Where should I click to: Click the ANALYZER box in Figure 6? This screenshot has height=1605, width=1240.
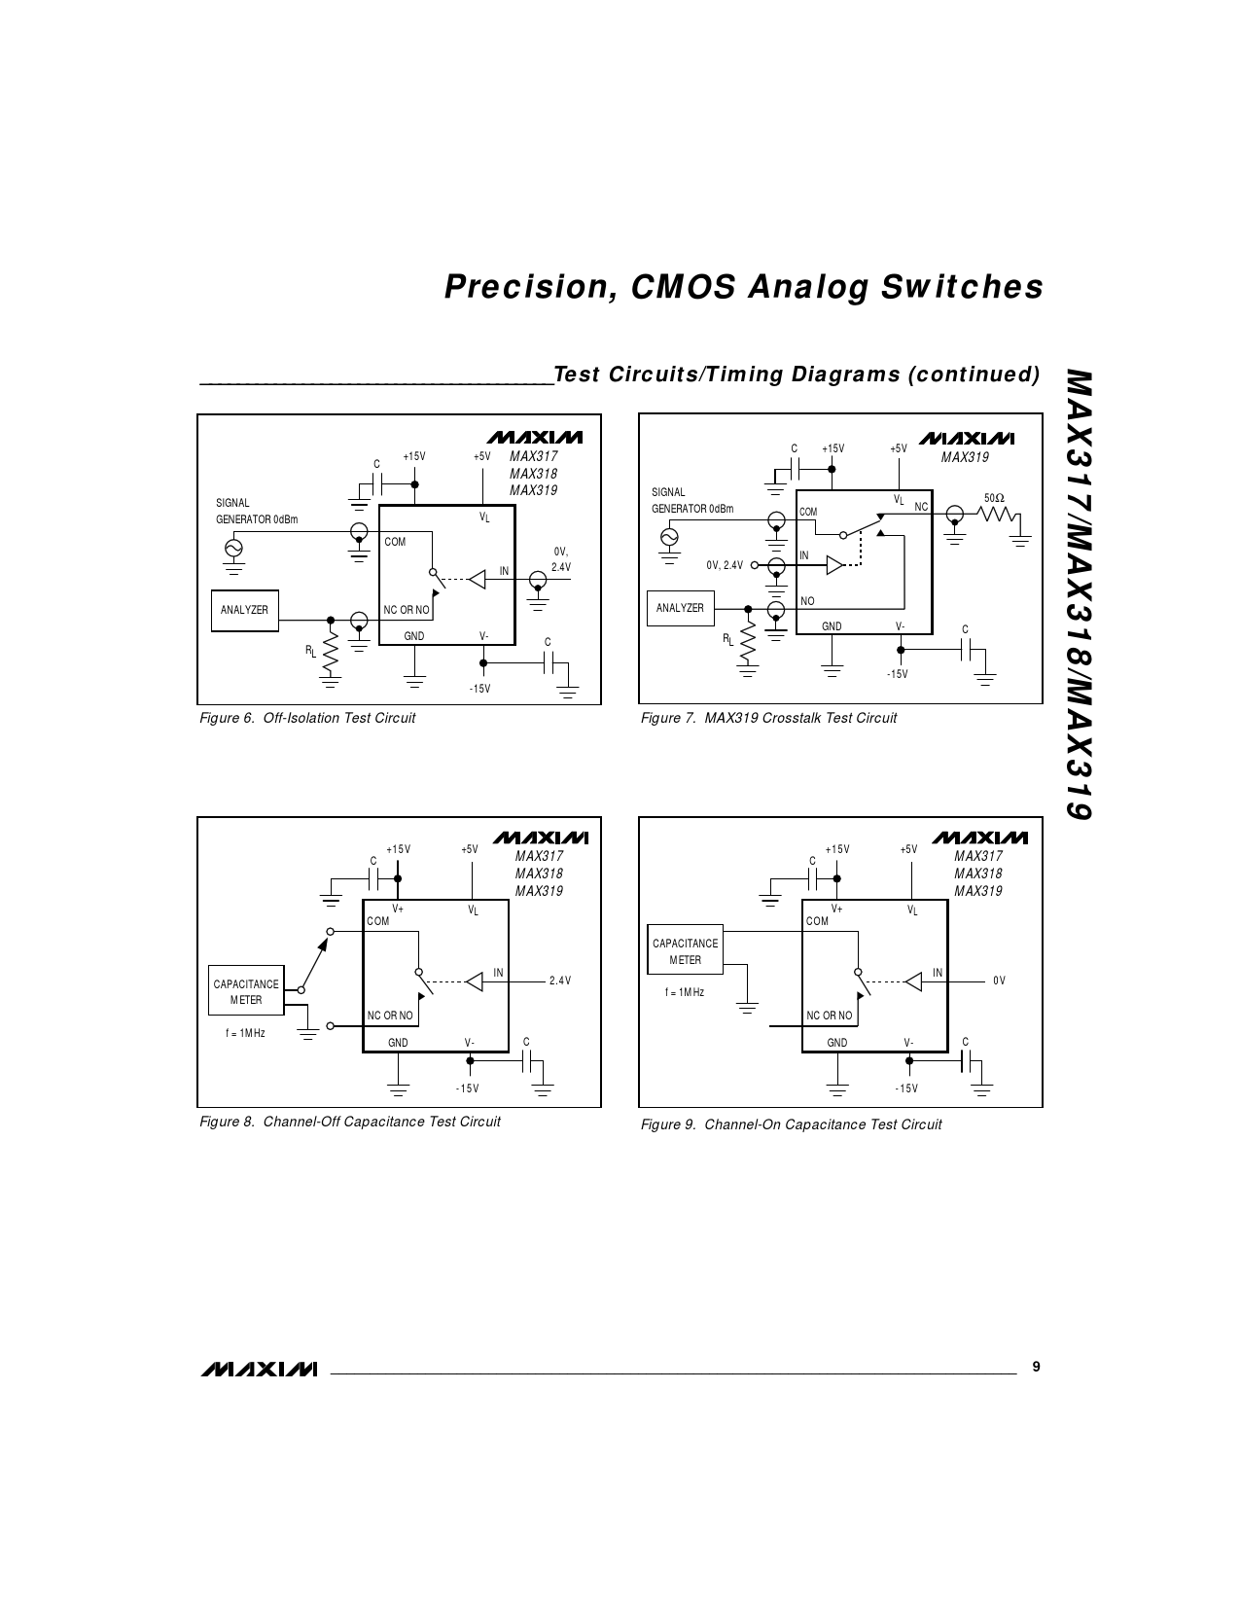[244, 610]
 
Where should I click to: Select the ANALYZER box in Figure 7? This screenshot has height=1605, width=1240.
[680, 608]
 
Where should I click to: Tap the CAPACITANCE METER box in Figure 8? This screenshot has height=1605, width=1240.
[246, 991]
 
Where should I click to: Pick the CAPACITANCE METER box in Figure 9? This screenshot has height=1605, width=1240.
[686, 950]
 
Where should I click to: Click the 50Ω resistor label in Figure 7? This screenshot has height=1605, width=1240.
[994, 498]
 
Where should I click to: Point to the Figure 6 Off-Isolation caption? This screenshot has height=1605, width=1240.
[307, 718]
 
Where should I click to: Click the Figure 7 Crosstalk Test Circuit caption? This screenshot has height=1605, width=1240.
[768, 718]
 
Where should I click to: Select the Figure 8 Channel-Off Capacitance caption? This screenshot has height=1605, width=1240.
[350, 1122]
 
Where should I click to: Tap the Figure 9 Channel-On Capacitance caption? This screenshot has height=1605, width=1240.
[791, 1124]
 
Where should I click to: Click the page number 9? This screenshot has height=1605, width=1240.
[1036, 1367]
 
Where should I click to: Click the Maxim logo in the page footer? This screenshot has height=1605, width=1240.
[260, 1370]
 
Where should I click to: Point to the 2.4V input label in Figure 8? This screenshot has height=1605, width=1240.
[559, 981]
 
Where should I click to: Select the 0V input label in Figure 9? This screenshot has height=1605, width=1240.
[999, 981]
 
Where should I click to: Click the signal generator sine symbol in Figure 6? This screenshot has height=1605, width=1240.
[233, 548]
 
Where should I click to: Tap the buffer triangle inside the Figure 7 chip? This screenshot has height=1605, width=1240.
[834, 564]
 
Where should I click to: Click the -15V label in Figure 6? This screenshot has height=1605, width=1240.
[479, 689]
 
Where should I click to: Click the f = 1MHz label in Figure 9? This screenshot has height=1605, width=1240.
[685, 992]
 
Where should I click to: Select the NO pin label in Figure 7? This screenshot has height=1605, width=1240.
[807, 601]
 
